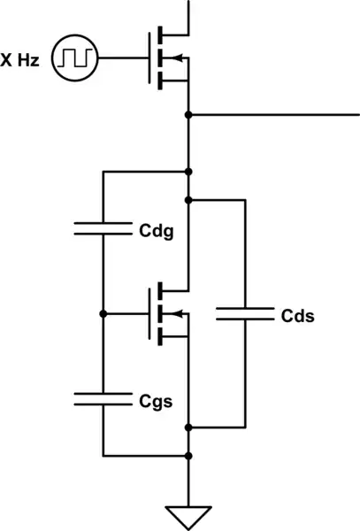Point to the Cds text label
297,315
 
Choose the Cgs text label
156,400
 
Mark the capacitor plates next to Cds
242,313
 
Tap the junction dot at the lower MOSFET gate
103,314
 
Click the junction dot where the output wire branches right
188,115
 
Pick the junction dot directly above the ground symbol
188,456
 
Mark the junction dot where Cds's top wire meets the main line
188,200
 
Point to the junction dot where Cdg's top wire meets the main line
188,172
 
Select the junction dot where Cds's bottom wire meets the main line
188,427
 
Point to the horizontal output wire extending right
274,115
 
